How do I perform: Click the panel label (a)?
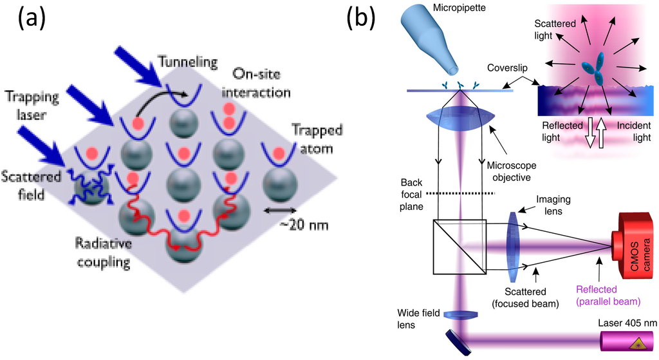[x=30, y=19]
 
